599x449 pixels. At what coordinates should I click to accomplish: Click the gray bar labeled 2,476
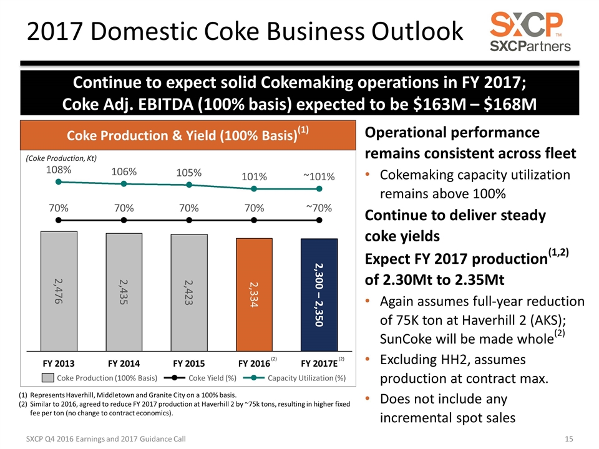tap(59, 291)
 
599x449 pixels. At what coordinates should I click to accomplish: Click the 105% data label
tap(188, 173)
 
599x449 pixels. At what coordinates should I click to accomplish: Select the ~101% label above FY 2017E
tap(319, 176)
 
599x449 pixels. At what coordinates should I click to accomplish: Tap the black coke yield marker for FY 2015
tap(189, 220)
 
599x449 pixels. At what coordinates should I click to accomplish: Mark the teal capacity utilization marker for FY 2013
tap(59, 182)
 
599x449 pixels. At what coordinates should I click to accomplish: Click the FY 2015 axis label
tap(189, 362)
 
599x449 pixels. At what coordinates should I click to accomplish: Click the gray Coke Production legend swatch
tap(48, 377)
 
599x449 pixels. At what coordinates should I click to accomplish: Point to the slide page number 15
tap(568, 440)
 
